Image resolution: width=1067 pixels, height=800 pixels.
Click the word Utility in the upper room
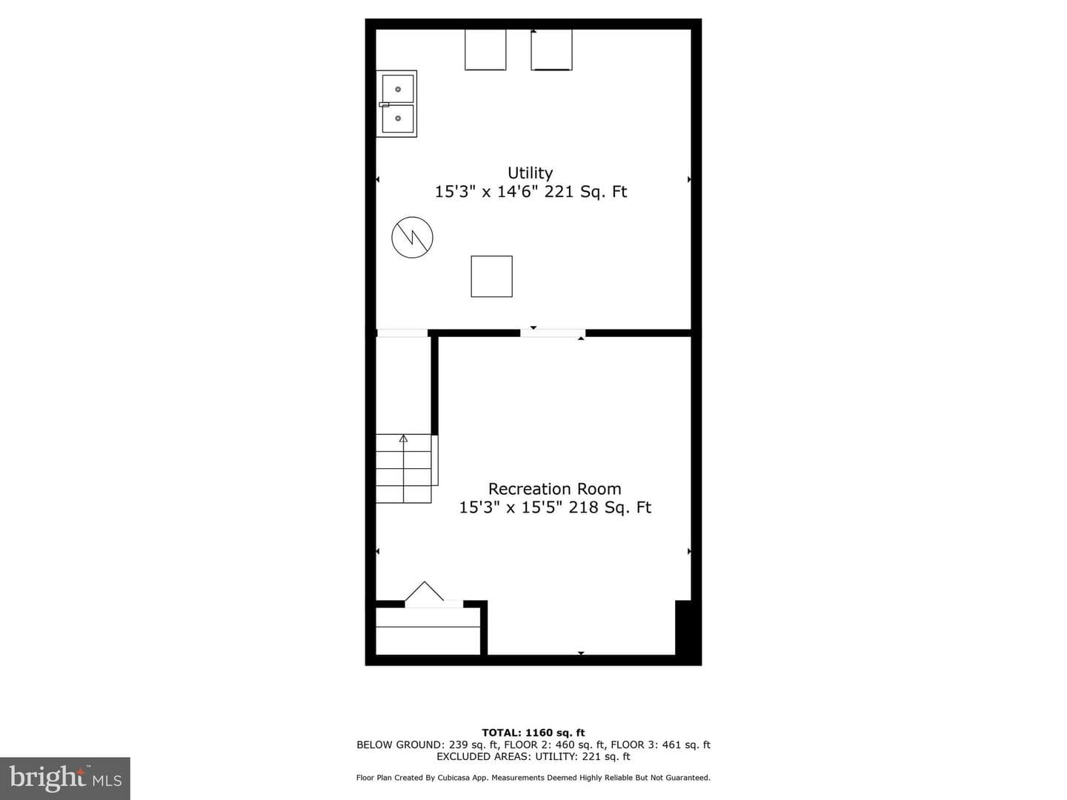coord(530,173)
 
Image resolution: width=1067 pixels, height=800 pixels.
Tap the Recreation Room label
coord(555,489)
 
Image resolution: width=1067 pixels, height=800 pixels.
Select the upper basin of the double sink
coord(398,89)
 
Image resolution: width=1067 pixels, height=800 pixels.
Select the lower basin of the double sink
coord(398,119)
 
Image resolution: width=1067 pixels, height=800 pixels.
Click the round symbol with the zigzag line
coord(412,238)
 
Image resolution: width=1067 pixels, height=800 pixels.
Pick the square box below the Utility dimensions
coord(491,276)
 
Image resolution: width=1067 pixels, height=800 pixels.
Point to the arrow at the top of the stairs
coord(404,439)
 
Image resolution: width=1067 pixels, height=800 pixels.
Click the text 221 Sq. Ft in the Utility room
coord(586,192)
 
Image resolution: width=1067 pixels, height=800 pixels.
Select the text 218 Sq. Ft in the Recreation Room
coord(610,507)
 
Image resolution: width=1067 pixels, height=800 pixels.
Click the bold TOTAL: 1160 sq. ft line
coord(533,733)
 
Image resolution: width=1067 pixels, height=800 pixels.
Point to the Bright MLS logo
coord(65,779)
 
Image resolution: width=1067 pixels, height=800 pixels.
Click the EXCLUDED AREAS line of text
coord(533,756)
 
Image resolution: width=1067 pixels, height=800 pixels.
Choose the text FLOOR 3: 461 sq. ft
coord(661,744)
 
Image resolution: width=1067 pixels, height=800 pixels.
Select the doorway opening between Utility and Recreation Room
coord(553,333)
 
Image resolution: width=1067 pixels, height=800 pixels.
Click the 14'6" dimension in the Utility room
coord(518,192)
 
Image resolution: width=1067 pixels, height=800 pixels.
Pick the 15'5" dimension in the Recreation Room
coord(542,507)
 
